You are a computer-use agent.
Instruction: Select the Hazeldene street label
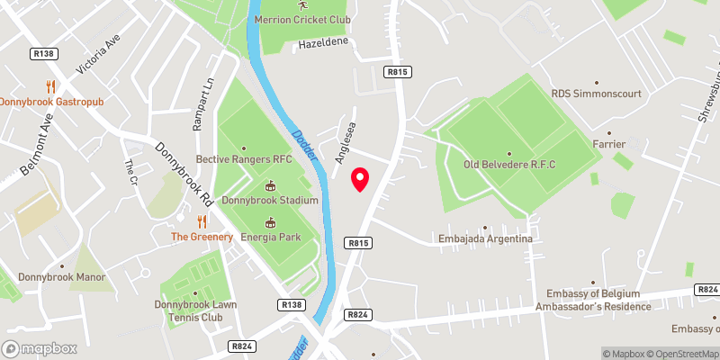point(317,43)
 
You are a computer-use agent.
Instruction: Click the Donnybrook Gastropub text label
point(52,102)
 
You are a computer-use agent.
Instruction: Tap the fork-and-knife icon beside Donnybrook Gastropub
point(51,87)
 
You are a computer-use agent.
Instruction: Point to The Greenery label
point(202,237)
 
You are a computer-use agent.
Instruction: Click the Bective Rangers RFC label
point(245,159)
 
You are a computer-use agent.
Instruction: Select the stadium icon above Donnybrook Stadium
point(270,185)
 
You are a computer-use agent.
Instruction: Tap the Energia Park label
point(270,237)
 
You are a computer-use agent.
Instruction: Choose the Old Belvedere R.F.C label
point(509,164)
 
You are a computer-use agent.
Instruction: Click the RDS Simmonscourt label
point(586,92)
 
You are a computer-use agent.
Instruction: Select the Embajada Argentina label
point(485,239)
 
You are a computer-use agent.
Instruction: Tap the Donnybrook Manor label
point(61,278)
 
